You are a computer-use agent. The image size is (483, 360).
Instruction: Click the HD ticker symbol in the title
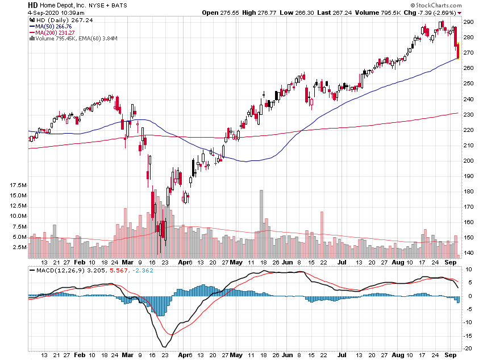[32, 5]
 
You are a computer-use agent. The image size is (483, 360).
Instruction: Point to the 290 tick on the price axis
[469, 22]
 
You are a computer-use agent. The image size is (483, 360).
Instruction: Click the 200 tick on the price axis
[469, 160]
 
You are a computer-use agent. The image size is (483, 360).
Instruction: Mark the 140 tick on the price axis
[469, 253]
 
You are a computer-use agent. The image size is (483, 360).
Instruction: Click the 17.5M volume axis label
[18, 185]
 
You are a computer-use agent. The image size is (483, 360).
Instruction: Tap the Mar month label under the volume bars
[128, 263]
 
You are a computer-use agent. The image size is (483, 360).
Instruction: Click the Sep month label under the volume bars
[451, 263]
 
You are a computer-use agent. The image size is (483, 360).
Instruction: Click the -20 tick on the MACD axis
[469, 349]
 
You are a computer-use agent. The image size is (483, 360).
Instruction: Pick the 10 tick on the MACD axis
[469, 270]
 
